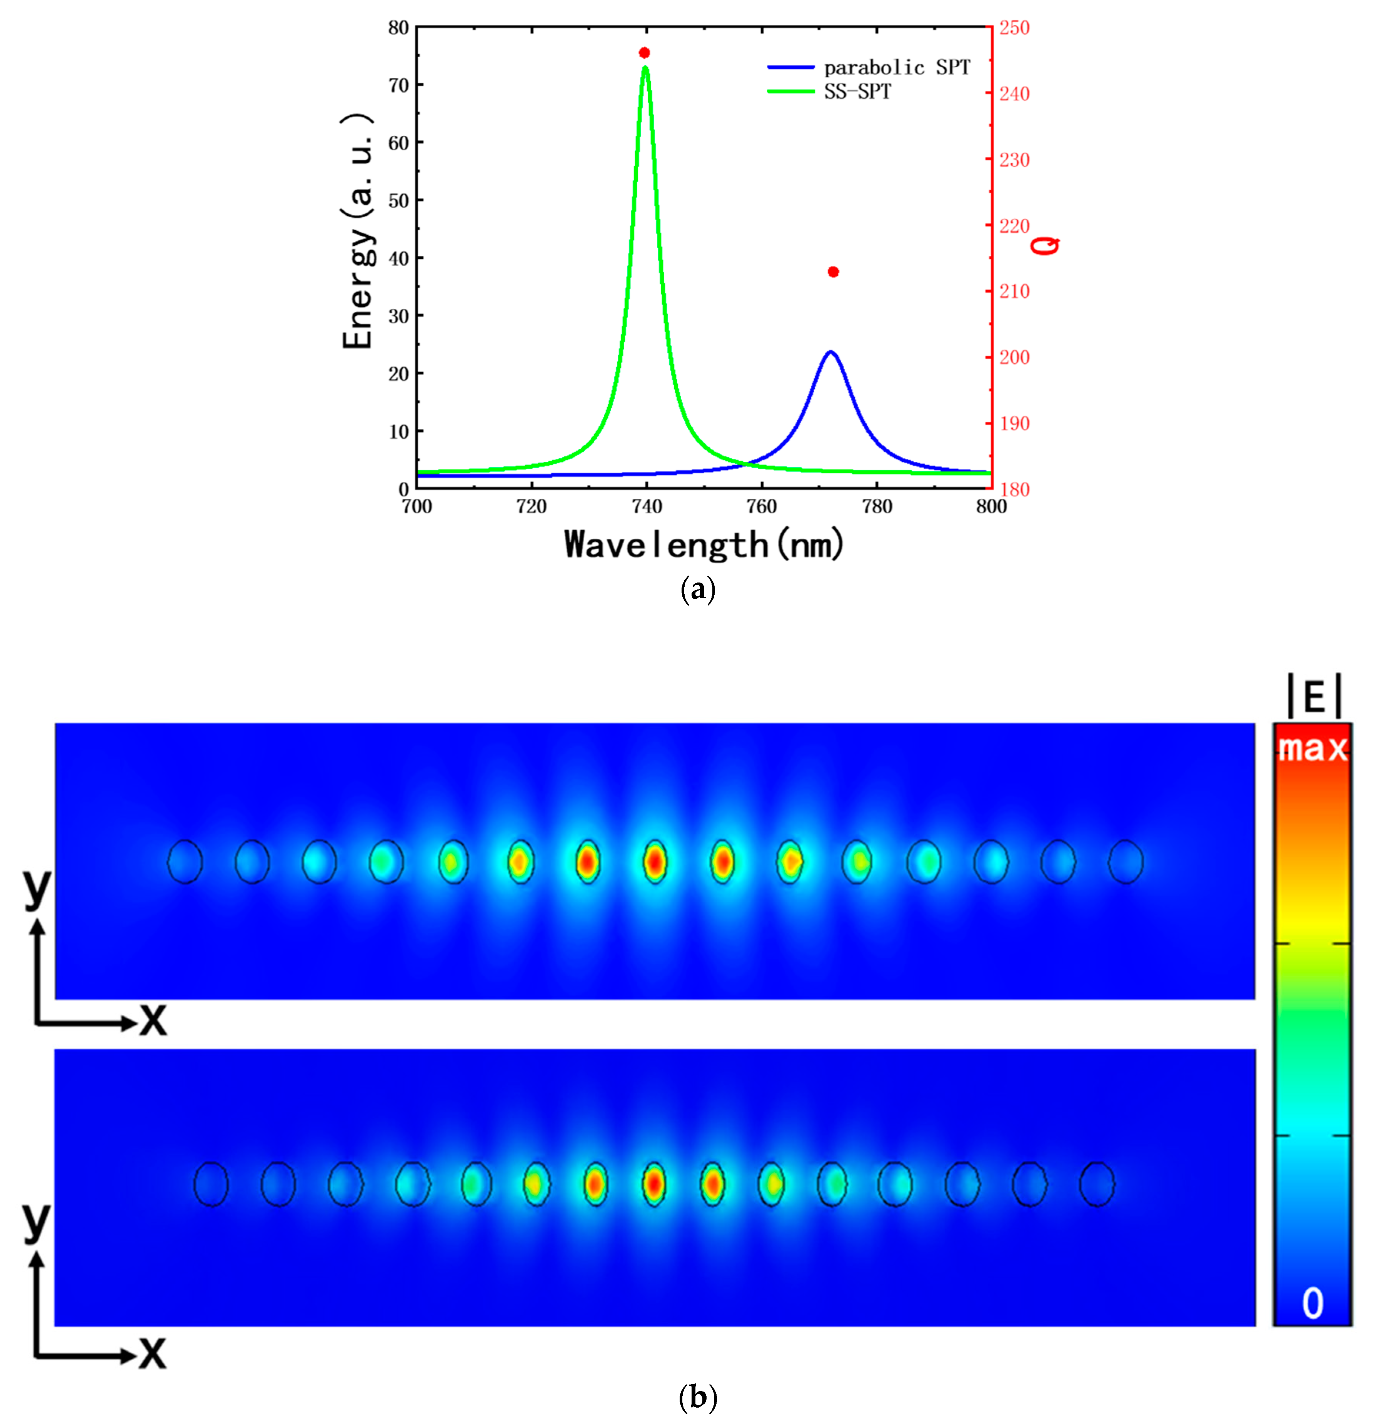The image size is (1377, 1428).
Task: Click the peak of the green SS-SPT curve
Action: click(x=645, y=68)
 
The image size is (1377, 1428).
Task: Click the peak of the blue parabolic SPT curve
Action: click(x=830, y=353)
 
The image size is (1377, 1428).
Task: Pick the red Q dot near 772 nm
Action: click(x=833, y=272)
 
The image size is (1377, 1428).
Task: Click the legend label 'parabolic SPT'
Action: click(x=897, y=68)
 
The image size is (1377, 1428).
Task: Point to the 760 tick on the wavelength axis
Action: click(x=762, y=506)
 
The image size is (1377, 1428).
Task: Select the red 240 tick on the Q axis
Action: click(x=1014, y=93)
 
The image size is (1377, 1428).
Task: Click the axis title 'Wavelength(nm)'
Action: click(x=704, y=544)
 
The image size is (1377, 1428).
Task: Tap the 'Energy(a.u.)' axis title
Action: click(x=358, y=232)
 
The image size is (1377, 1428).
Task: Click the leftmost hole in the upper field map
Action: click(x=185, y=862)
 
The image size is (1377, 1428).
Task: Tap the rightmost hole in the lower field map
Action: click(x=1096, y=1184)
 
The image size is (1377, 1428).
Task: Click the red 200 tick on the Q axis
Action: click(x=1014, y=357)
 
